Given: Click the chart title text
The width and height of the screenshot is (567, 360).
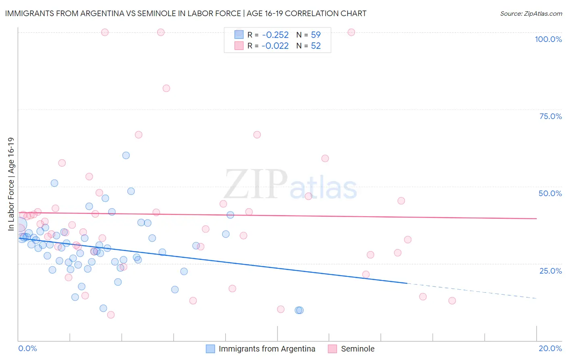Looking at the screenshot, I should [x=186, y=13].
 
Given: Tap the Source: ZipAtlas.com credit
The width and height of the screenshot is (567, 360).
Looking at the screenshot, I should [x=531, y=13].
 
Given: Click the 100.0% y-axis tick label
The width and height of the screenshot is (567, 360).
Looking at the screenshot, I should [x=548, y=39].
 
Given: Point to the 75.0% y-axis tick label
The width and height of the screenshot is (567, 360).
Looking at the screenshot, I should [x=550, y=116].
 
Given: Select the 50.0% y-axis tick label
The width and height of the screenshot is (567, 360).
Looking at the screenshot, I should [x=550, y=193].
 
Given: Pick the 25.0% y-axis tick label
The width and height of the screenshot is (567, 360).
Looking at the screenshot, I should [x=550, y=270].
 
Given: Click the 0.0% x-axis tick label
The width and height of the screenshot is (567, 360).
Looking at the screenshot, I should [x=27, y=348].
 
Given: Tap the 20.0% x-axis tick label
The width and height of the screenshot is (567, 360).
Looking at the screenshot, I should [x=550, y=348].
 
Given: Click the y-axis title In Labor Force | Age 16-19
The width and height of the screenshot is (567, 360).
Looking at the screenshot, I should [x=11, y=184].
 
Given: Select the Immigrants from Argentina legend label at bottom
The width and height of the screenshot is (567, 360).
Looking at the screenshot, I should [x=267, y=349].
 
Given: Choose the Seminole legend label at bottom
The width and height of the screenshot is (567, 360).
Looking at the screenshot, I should [x=358, y=349].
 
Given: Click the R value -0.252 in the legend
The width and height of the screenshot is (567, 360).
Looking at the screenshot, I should [x=275, y=35].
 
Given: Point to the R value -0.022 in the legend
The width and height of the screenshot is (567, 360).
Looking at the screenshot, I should [x=275, y=46].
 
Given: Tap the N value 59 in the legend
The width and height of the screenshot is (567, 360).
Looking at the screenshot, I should [x=316, y=35].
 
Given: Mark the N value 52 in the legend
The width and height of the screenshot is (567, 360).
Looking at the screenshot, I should [x=316, y=46].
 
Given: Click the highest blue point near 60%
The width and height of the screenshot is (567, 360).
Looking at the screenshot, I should [x=126, y=155].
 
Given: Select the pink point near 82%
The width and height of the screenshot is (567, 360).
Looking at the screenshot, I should [x=166, y=88].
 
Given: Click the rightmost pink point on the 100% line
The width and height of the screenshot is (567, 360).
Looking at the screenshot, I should [x=351, y=32].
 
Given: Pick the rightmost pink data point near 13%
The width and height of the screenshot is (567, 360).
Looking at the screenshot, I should [x=452, y=301].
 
